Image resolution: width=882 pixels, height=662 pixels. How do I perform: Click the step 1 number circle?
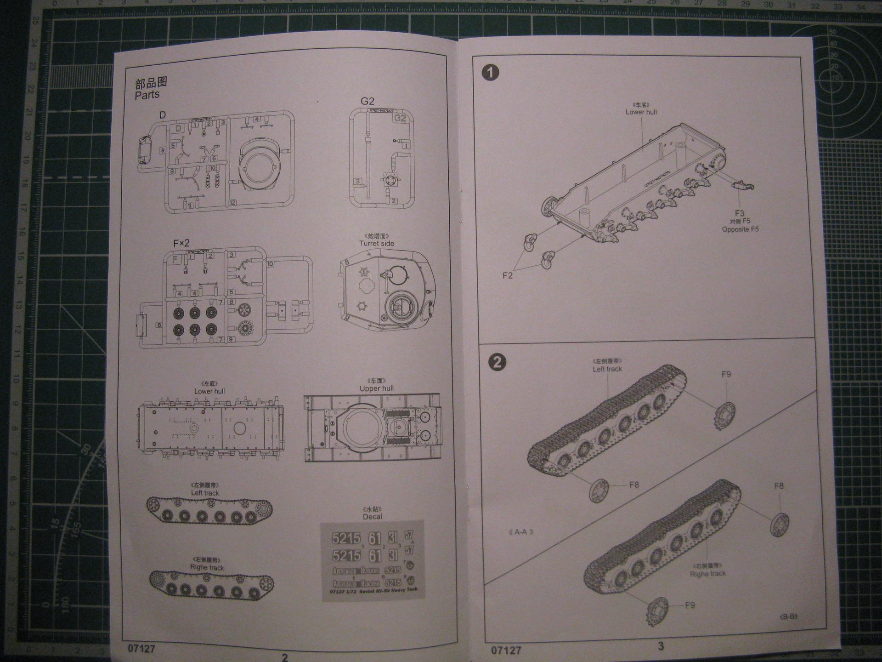[491, 73]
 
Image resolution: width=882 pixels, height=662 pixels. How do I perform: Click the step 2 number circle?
[497, 362]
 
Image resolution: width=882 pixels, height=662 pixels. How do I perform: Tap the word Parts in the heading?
[147, 95]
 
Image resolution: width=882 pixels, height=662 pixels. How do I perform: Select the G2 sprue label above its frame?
[367, 101]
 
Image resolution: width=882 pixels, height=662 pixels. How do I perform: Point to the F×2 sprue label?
[181, 243]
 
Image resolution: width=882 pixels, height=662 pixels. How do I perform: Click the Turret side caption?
[377, 244]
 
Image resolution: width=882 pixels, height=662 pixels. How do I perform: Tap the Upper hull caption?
[377, 388]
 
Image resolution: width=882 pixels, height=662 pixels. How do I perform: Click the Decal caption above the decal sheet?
[372, 517]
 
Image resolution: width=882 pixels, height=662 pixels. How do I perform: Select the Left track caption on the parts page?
[205, 493]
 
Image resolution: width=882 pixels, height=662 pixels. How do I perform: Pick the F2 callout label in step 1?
[507, 275]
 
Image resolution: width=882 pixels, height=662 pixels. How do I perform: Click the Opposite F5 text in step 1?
[740, 229]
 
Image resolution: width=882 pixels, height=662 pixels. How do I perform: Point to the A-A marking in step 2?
[521, 532]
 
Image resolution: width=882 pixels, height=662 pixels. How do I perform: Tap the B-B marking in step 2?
[788, 616]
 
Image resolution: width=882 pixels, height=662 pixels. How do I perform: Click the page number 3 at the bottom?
[661, 646]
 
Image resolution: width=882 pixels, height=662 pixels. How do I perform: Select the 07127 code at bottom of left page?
[141, 649]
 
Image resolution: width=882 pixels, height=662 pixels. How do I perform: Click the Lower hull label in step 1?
[641, 112]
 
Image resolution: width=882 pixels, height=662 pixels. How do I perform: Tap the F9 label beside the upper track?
[726, 374]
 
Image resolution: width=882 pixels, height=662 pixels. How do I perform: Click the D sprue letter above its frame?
[162, 115]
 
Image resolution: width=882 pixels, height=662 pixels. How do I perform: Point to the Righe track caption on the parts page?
[207, 568]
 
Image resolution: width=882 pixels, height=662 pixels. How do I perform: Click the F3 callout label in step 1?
[739, 213]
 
